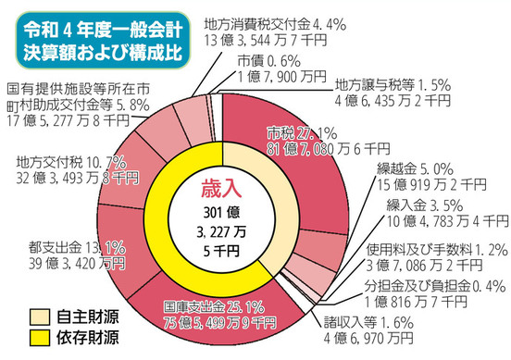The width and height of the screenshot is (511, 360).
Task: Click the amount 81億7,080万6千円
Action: click(332, 147)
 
